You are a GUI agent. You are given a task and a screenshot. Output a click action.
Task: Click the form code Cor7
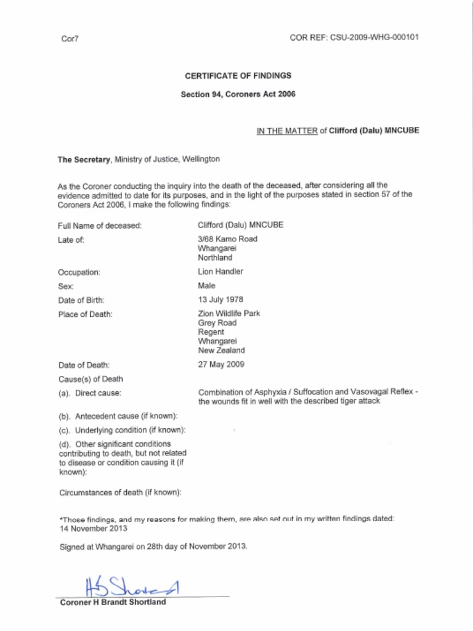(70, 39)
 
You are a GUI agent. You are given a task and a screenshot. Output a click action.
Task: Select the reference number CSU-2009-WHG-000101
(374, 37)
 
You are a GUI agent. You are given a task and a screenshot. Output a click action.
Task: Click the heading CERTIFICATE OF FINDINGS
(238, 76)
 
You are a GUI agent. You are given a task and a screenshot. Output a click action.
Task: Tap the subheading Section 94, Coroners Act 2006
(238, 94)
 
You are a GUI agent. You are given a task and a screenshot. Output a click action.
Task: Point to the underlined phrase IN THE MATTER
(286, 131)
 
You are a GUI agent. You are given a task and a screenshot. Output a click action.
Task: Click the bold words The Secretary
(84, 159)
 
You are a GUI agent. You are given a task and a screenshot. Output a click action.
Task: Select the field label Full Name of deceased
(100, 226)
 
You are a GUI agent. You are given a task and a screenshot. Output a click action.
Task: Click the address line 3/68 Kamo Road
(227, 239)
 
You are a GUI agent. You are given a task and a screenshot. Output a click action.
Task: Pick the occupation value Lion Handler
(220, 272)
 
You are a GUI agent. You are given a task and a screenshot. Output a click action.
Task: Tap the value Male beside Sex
(206, 286)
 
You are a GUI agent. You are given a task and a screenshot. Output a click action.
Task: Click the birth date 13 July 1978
(220, 300)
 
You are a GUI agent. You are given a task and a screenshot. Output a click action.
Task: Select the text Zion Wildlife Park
(229, 314)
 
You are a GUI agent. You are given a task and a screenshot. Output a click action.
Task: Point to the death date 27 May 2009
(221, 364)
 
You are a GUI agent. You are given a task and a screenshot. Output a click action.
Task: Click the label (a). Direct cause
(90, 393)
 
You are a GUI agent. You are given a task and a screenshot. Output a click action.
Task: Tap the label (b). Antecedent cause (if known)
(118, 416)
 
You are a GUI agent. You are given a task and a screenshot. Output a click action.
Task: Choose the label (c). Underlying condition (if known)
(122, 429)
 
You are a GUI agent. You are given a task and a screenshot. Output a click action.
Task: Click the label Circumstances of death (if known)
(120, 492)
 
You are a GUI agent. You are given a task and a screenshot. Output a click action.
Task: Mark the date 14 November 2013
(93, 528)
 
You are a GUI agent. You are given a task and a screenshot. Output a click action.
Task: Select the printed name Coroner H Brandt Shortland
(113, 603)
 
